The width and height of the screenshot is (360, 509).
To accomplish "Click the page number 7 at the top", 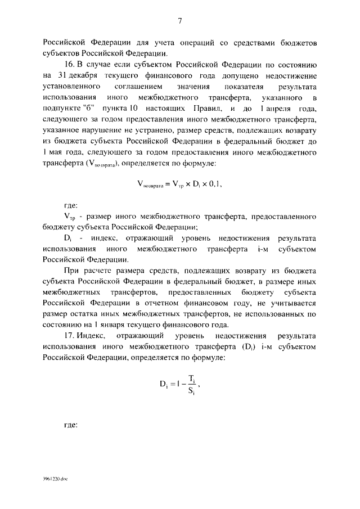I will (179, 21).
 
